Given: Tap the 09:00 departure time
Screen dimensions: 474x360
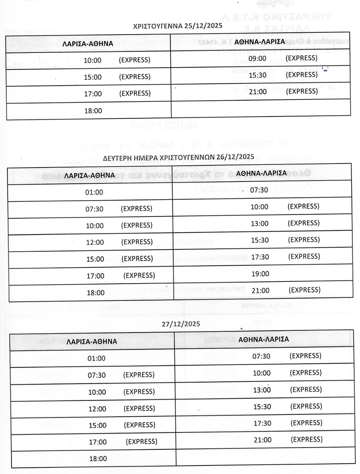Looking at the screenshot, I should pyautogui.click(x=257, y=58).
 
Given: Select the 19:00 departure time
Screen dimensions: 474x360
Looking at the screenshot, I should pyautogui.click(x=260, y=274).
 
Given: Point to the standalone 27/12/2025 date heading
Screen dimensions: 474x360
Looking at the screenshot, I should pyautogui.click(x=181, y=324).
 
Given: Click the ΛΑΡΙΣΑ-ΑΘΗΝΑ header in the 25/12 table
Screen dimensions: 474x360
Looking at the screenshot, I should pyautogui.click(x=87, y=44).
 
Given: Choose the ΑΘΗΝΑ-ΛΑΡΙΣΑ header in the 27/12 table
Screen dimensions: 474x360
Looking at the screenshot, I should pyautogui.click(x=263, y=340).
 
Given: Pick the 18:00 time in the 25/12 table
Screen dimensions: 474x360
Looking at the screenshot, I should pyautogui.click(x=93, y=111).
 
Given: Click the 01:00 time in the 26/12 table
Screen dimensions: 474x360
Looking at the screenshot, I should pyautogui.click(x=94, y=192).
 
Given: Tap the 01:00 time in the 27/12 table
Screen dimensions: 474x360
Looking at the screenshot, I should pyautogui.click(x=96, y=358).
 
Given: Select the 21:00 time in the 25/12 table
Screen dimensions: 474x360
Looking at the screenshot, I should pyautogui.click(x=258, y=91).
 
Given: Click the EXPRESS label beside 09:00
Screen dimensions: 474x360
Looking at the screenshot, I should pyautogui.click(x=301, y=58).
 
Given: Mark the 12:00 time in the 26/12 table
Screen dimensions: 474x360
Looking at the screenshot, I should pyautogui.click(x=95, y=242).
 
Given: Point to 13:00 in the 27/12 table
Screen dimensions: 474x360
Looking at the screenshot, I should pyautogui.click(x=262, y=390).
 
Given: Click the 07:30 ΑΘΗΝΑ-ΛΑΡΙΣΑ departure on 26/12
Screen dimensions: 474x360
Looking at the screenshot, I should pyautogui.click(x=259, y=190).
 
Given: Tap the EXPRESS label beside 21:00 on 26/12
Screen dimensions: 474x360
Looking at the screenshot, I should pyautogui.click(x=305, y=290).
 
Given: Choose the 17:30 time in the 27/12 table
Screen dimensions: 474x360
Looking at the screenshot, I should pyautogui.click(x=262, y=423).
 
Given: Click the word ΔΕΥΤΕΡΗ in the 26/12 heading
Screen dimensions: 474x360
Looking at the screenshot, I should pyautogui.click(x=118, y=158).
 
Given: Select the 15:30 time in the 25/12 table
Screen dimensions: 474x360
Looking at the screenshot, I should pyautogui.click(x=258, y=75).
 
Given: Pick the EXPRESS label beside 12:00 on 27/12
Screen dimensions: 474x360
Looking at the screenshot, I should pyautogui.click(x=139, y=408).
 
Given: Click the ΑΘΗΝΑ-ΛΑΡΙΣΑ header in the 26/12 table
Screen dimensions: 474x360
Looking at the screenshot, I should pyautogui.click(x=261, y=173).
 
